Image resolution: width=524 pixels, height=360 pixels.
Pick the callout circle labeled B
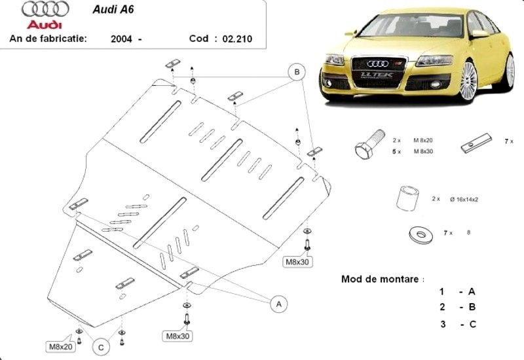(297, 71)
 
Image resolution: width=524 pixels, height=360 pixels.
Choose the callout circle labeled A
(279, 304)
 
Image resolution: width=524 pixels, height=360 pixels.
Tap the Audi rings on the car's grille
(377, 63)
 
